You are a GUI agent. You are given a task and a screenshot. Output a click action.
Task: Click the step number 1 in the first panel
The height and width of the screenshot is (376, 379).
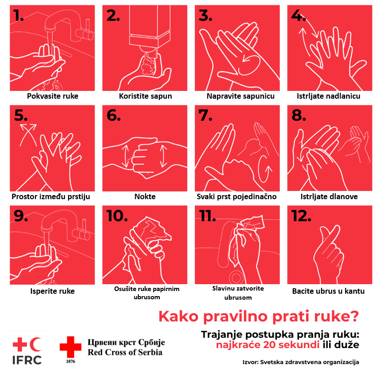[x=18, y=16]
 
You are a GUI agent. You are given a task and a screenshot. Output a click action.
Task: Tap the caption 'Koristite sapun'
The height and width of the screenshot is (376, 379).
[x=145, y=96]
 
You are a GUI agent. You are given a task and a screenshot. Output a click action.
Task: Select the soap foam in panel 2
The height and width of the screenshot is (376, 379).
[x=148, y=65]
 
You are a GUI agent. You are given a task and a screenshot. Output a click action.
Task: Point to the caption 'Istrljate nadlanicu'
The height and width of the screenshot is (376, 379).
[x=328, y=96]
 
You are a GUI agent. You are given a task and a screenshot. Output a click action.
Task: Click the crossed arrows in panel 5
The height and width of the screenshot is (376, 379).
[x=28, y=134]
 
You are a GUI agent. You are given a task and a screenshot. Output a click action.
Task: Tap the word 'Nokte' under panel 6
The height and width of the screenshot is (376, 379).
[x=145, y=196]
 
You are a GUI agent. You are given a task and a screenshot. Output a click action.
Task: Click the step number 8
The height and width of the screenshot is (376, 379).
[x=299, y=115]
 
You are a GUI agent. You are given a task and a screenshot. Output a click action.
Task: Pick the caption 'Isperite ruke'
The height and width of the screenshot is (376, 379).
[x=52, y=291]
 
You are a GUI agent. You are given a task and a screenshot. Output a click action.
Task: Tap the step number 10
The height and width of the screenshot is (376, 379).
[x=117, y=216]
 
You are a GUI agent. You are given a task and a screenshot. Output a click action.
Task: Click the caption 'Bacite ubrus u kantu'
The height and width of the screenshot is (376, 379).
[x=328, y=291]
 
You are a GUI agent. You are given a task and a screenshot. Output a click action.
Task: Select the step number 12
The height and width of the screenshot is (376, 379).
[x=301, y=216]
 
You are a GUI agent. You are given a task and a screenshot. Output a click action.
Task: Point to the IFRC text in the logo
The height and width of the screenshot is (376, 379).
[x=27, y=360]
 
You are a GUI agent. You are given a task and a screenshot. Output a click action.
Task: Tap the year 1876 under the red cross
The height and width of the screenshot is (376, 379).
[x=70, y=361]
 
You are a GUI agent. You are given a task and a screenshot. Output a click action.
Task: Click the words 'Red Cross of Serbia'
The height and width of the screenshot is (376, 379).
[x=125, y=352]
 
